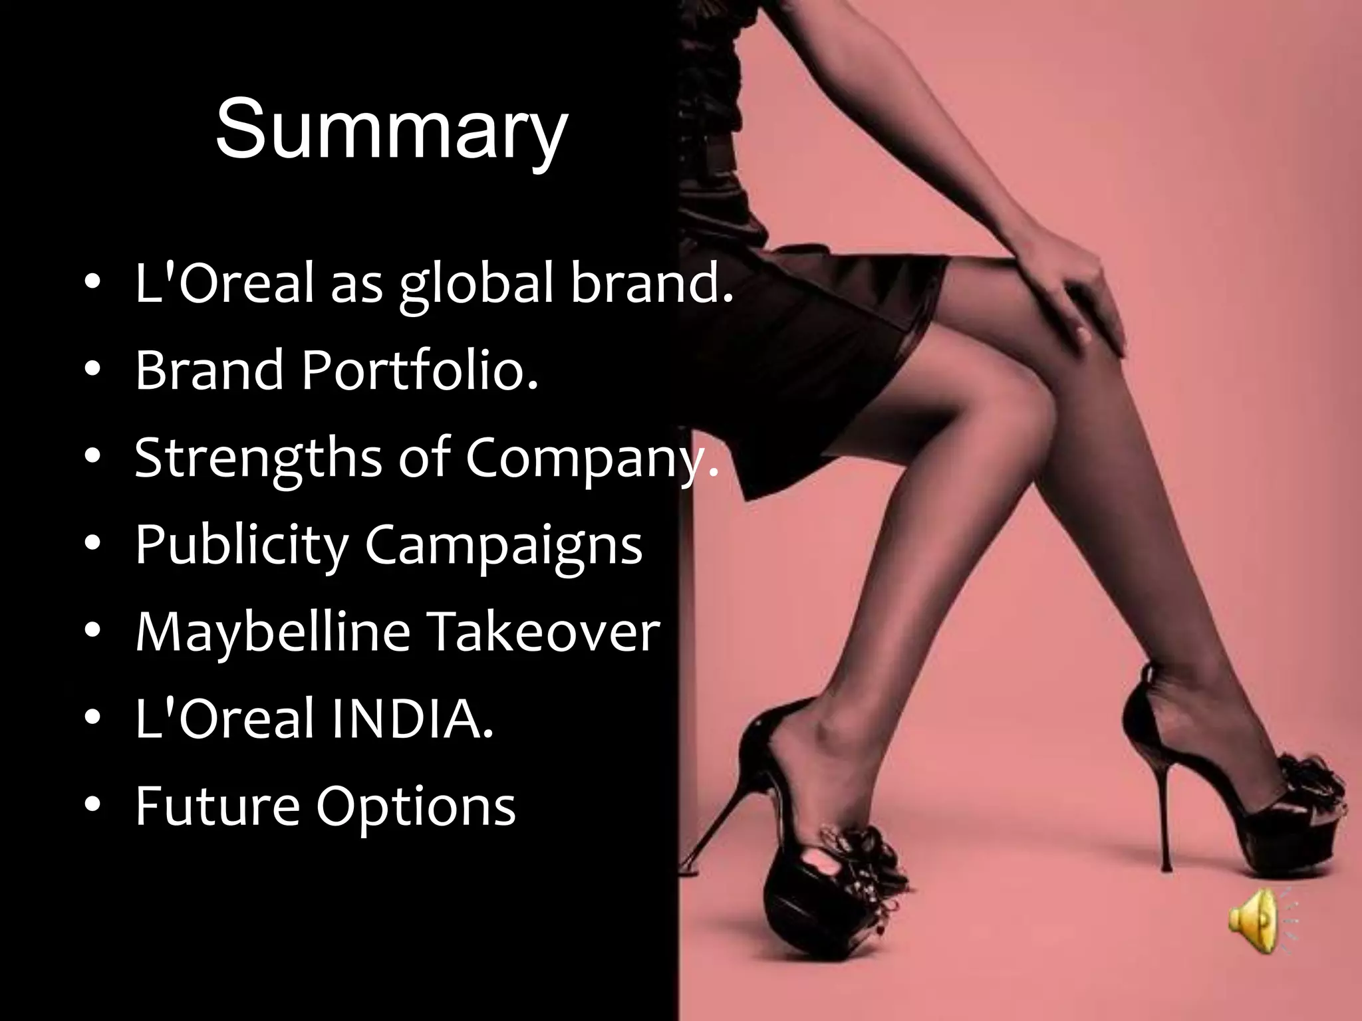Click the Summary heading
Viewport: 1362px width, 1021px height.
click(x=392, y=128)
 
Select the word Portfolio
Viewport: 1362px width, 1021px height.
click(x=419, y=370)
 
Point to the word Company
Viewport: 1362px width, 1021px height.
click(x=591, y=458)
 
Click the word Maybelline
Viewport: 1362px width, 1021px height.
click(x=273, y=631)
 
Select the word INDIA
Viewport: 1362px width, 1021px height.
click(x=412, y=719)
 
